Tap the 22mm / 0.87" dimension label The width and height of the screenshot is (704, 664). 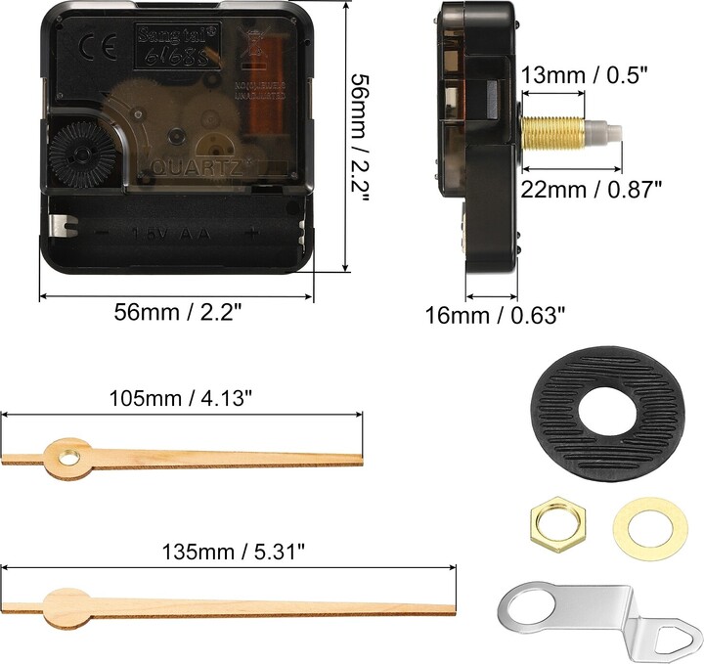click(598, 189)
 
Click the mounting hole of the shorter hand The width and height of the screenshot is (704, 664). click(67, 455)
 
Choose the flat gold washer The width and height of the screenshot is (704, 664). click(637, 525)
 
